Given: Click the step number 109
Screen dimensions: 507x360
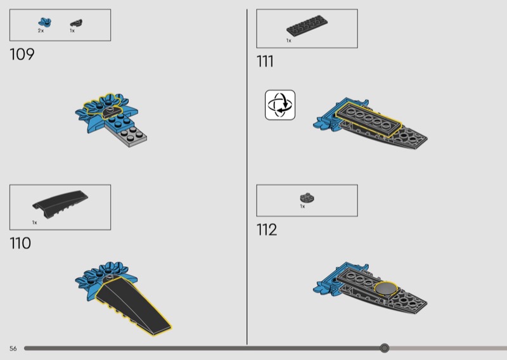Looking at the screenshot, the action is [x=22, y=55].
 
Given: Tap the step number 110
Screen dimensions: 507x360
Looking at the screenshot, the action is [x=20, y=243].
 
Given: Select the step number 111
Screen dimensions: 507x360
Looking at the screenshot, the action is [x=265, y=61].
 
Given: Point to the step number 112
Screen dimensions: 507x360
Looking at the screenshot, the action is [x=267, y=230].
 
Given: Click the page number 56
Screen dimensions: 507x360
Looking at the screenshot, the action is [x=13, y=349].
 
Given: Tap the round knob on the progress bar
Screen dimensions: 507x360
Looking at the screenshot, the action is [x=385, y=348].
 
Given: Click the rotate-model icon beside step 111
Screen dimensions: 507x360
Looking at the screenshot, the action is [x=280, y=105].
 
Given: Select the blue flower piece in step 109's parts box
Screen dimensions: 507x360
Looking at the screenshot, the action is [x=44, y=22].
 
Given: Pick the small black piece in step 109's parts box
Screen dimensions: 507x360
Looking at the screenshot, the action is [x=76, y=23].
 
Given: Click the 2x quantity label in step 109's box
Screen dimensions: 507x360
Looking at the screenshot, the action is [x=41, y=30].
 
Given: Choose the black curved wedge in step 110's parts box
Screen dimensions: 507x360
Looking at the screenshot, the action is [x=60, y=204].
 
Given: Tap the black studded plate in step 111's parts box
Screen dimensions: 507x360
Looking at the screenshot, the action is [x=307, y=25].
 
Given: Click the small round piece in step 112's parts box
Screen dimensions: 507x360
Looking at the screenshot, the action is [x=307, y=198].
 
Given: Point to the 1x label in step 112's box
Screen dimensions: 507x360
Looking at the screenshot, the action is [x=302, y=207].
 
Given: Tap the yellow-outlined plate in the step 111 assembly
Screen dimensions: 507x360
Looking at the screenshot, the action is [x=368, y=119].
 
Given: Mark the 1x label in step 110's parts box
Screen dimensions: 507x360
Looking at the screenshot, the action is [x=35, y=222].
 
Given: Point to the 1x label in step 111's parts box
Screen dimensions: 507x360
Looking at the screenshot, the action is [x=289, y=41].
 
